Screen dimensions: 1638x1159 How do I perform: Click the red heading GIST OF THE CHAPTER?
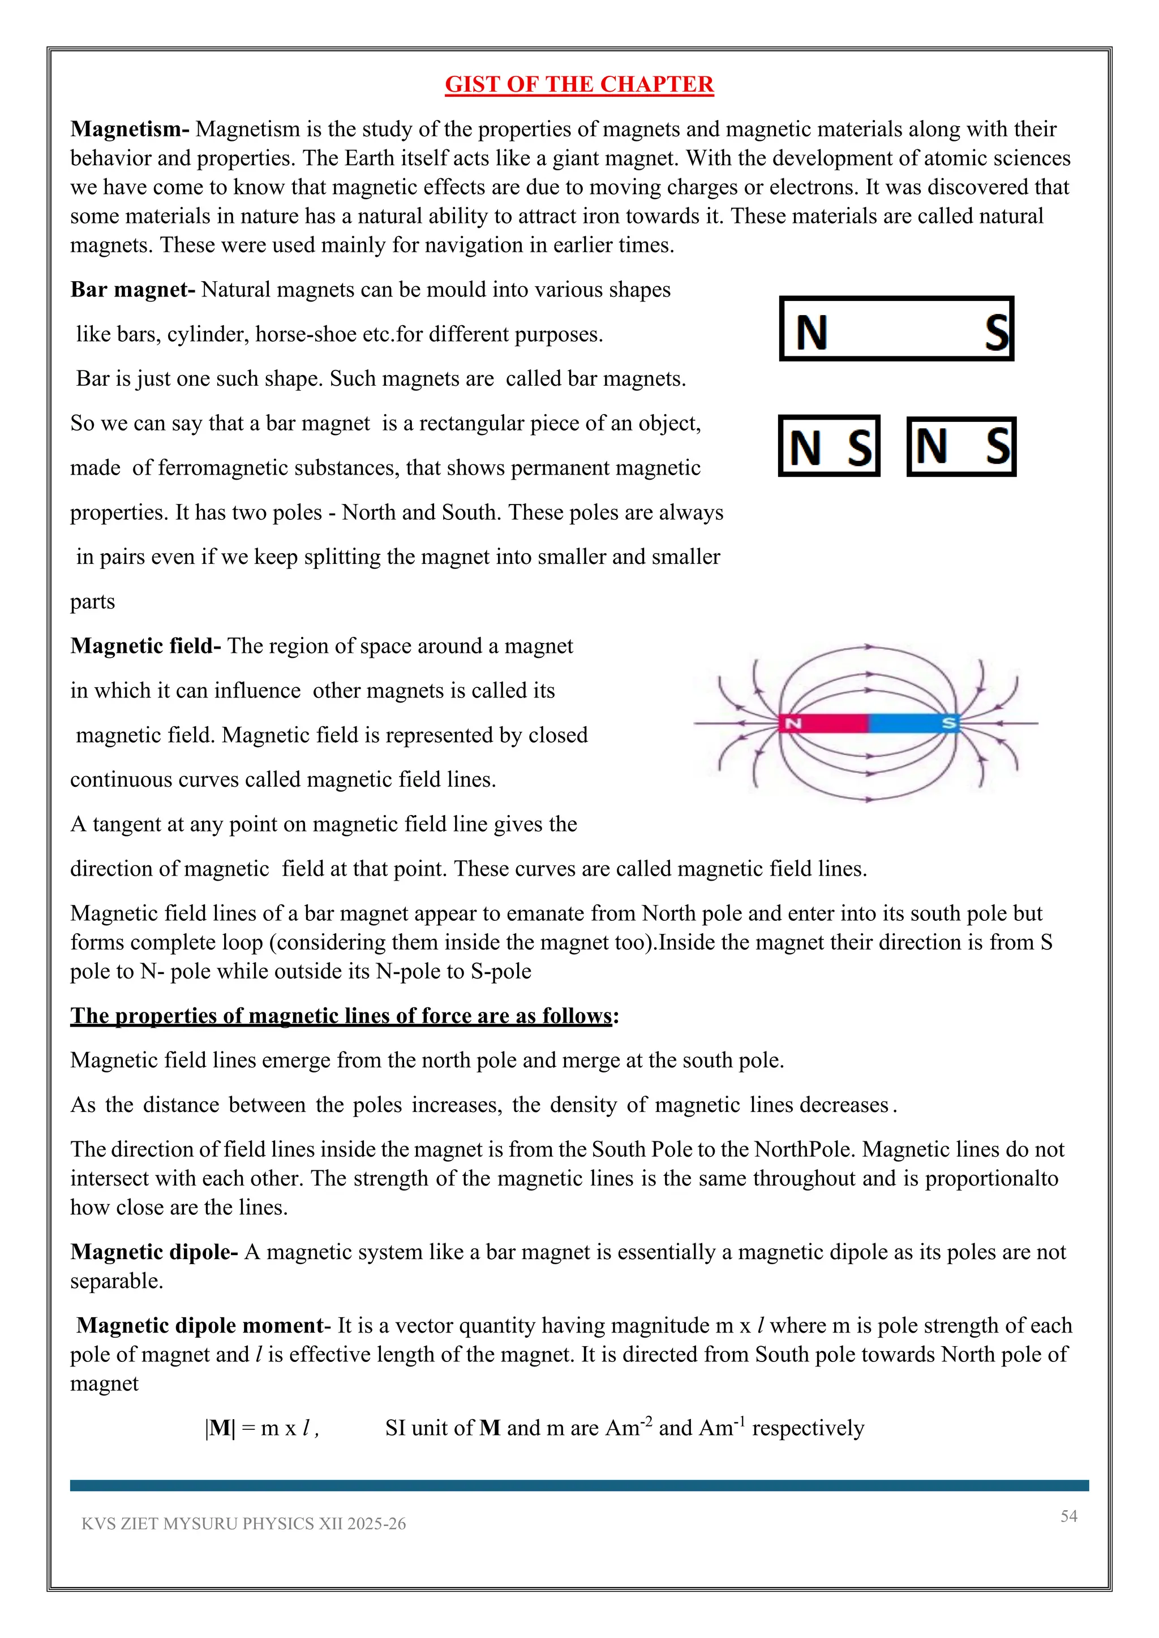click(x=579, y=84)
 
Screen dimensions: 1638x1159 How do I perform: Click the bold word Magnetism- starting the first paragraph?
click(x=129, y=129)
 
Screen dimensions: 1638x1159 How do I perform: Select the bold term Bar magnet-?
click(x=133, y=290)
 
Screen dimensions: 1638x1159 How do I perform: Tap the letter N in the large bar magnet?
click(x=812, y=333)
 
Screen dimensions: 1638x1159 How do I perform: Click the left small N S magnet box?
click(x=829, y=447)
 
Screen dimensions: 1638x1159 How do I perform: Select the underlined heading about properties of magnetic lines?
click(x=341, y=1015)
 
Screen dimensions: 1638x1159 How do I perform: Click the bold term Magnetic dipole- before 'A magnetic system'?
click(x=153, y=1252)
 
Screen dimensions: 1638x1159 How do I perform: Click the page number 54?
click(x=1068, y=1516)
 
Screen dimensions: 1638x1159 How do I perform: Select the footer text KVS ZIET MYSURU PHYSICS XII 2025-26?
click(x=243, y=1524)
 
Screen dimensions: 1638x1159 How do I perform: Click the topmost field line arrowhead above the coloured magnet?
click(x=869, y=646)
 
